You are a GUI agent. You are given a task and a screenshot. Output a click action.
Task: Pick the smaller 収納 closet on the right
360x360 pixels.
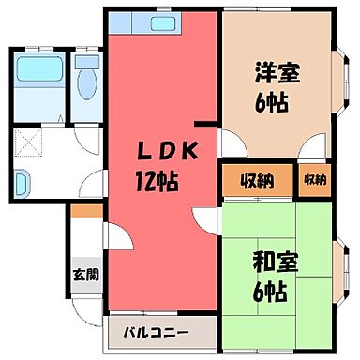click(x=315, y=180)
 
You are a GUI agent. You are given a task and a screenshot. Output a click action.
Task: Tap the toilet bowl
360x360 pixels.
click(x=89, y=80)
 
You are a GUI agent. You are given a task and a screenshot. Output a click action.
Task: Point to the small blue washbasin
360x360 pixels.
click(x=23, y=180)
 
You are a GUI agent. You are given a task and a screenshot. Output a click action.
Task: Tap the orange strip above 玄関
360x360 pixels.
click(x=83, y=213)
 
